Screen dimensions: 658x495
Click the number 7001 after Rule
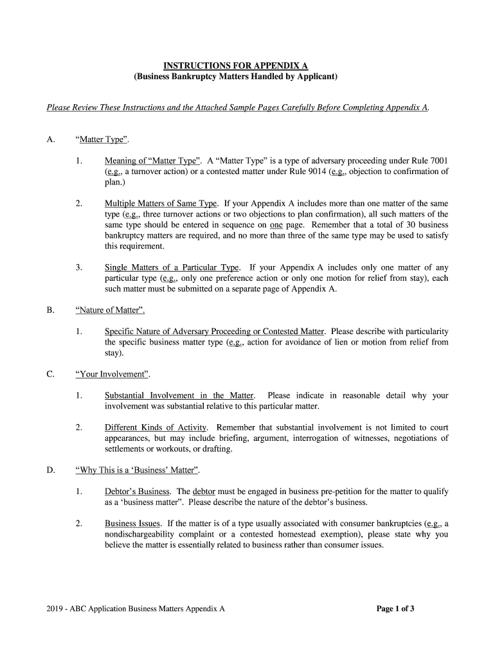[x=437, y=161]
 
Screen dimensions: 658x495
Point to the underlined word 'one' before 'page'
[x=276, y=225]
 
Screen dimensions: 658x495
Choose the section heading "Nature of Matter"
[x=110, y=310]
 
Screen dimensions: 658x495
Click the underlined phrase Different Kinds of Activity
[x=156, y=427]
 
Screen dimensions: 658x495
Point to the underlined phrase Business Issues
[x=132, y=524]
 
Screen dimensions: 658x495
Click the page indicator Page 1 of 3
[x=395, y=609]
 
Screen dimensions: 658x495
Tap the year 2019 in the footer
[x=56, y=609]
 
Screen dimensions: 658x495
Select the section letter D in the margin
[x=50, y=470]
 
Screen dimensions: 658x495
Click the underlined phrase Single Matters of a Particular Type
[x=172, y=267]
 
